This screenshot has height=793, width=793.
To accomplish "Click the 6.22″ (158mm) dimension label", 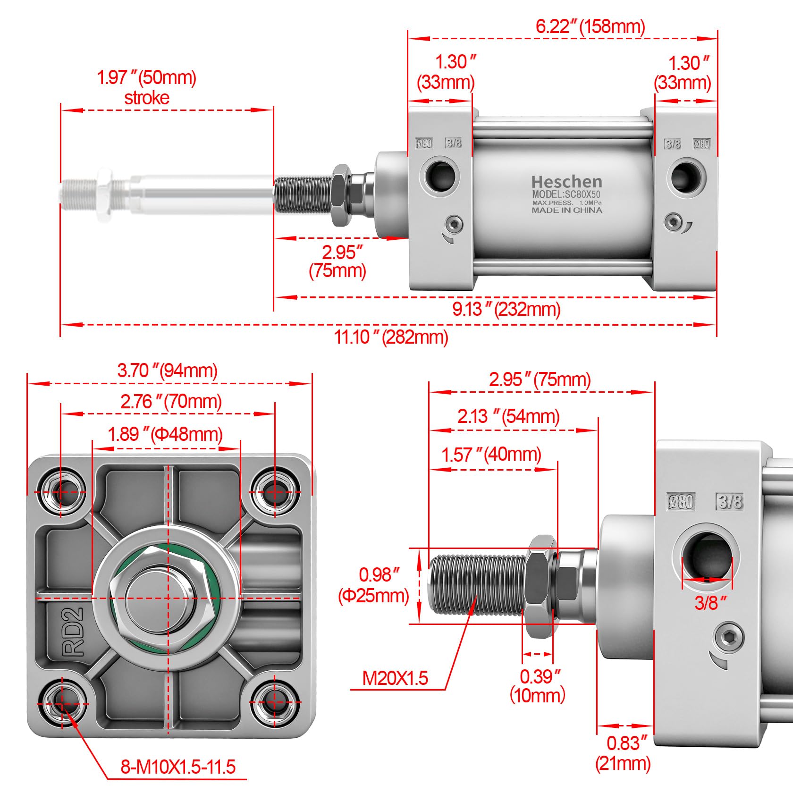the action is pos(590,26).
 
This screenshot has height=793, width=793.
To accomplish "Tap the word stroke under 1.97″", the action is pos(147,98).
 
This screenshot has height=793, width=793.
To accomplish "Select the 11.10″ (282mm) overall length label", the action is pos(391,337).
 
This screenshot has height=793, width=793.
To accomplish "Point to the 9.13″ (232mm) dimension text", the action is pos(506,309).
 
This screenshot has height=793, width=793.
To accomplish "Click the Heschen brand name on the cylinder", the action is pos(566,182).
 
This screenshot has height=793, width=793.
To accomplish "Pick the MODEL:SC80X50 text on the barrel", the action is pos(566,194).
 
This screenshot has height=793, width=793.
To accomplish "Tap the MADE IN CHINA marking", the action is pos(567,210).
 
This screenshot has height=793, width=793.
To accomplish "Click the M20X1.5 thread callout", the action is pos(395,678).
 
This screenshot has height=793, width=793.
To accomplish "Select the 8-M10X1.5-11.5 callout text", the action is pos(178,767).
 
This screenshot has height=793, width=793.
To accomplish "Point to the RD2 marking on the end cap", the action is pos(73,632).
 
